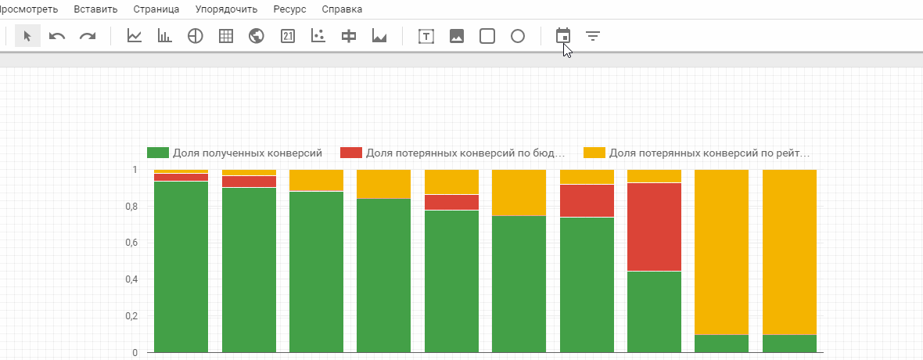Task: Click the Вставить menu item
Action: pyautogui.click(x=95, y=9)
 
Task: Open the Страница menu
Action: pyautogui.click(x=156, y=9)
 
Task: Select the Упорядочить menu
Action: pyautogui.click(x=226, y=9)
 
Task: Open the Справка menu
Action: pyautogui.click(x=342, y=9)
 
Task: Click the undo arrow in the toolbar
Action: pyautogui.click(x=57, y=37)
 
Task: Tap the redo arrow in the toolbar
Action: pyautogui.click(x=88, y=37)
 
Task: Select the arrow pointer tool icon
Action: pyautogui.click(x=27, y=36)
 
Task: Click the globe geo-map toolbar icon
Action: pyautogui.click(x=256, y=37)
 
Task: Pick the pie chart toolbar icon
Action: pyautogui.click(x=195, y=37)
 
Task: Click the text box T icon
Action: pyautogui.click(x=426, y=37)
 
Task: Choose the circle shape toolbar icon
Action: pyautogui.click(x=517, y=37)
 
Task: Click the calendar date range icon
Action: pyautogui.click(x=563, y=36)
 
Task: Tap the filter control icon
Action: pyautogui.click(x=593, y=37)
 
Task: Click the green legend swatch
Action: pyautogui.click(x=158, y=153)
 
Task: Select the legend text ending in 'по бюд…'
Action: pyautogui.click(x=465, y=153)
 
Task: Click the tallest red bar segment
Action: pyautogui.click(x=654, y=227)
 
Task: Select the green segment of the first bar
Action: pyautogui.click(x=181, y=267)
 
